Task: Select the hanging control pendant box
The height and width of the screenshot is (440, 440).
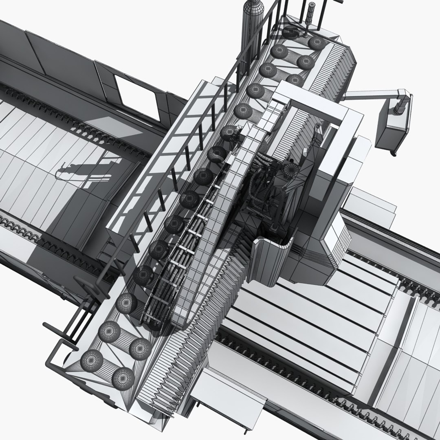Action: click(391, 127)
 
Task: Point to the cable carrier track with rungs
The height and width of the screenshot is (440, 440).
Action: click(179, 261)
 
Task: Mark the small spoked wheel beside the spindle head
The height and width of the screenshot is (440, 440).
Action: click(290, 170)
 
